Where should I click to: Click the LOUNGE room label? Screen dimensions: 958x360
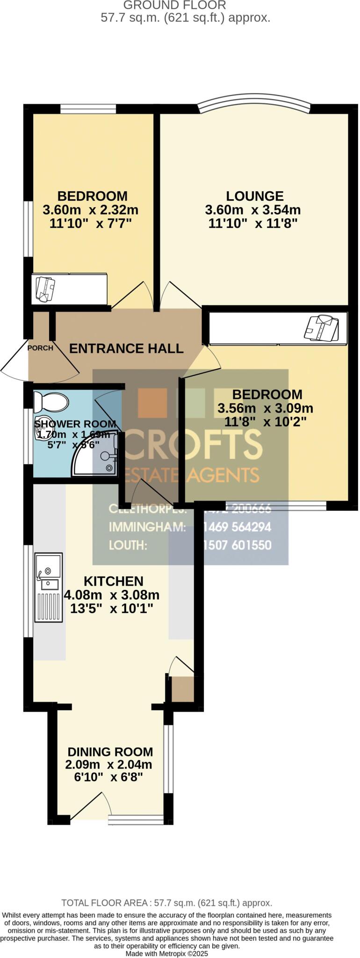coord(254,196)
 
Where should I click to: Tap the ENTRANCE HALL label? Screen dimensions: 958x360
coord(126,348)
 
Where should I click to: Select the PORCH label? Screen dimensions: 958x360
coord(40,348)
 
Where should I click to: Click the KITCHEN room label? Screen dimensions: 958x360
coord(113,581)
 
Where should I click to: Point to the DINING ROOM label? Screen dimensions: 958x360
coord(110,752)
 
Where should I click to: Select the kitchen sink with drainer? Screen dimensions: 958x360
coord(49,588)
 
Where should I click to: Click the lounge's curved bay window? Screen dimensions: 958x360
coord(254,103)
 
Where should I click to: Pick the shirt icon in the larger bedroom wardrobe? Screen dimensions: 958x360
coord(321,327)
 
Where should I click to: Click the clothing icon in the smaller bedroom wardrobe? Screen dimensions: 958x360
coord(45,290)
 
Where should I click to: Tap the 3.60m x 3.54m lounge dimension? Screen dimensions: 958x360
coord(252,210)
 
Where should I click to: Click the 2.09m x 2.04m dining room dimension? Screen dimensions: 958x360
coord(108,765)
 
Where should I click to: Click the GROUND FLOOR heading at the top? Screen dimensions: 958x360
coord(174,6)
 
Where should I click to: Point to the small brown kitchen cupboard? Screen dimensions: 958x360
coord(182,689)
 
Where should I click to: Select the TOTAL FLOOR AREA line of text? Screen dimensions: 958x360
coord(166,903)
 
